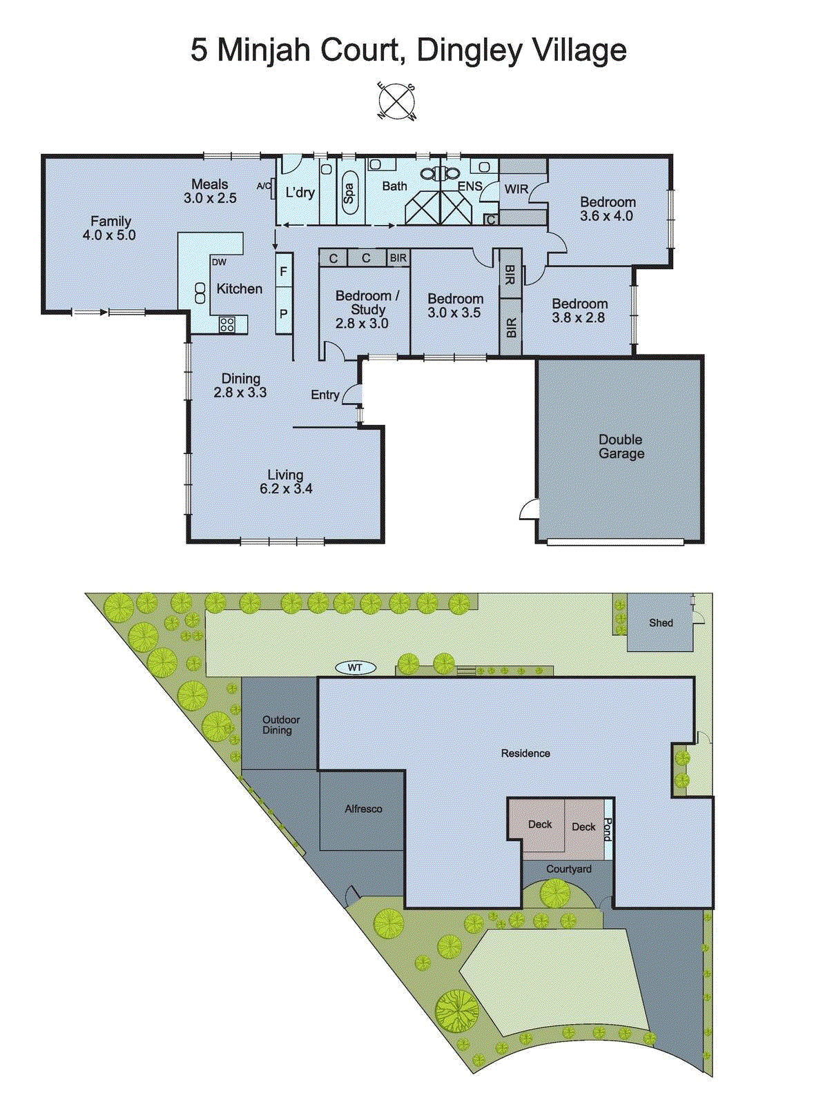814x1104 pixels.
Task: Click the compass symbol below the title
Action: pos(397,101)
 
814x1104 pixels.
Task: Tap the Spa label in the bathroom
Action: pos(349,193)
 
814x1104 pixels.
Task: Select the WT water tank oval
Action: pos(355,667)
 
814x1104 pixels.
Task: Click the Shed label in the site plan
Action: pos(661,622)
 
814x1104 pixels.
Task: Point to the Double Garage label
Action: pos(621,446)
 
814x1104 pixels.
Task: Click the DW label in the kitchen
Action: pos(219,262)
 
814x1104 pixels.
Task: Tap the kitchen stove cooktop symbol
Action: pos(226,324)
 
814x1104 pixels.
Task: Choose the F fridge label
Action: pos(283,273)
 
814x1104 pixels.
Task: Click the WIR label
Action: pos(516,189)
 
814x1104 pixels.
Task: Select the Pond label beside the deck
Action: pos(608,829)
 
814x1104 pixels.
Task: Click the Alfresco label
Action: pos(363,809)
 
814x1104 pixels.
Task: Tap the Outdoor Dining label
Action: pos(280,724)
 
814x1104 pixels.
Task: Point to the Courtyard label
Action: pos(568,869)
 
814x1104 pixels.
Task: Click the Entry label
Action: pos(324,395)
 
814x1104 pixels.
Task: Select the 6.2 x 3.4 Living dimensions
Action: pos(286,489)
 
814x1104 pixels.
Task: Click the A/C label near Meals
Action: pos(263,186)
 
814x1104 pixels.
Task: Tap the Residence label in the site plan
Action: pos(525,753)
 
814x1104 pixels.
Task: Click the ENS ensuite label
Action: pos(469,186)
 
